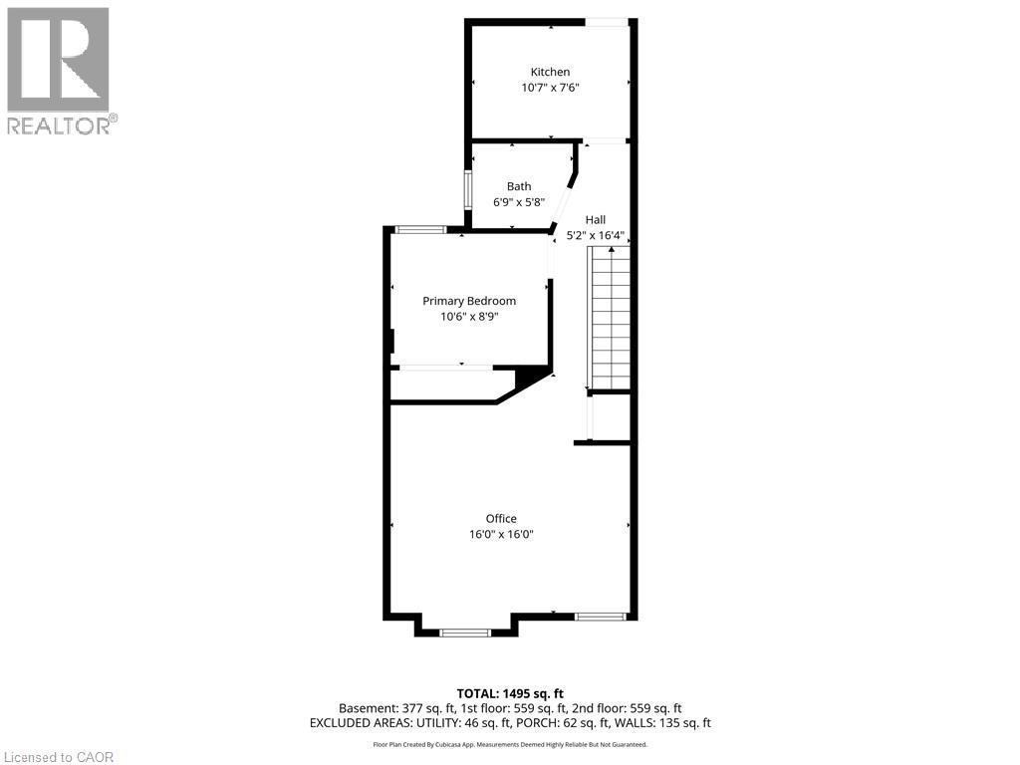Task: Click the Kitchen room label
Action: (550, 72)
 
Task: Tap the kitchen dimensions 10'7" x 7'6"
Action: (550, 88)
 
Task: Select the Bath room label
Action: (519, 186)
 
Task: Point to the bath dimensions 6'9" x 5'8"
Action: (519, 202)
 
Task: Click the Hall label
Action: (595, 220)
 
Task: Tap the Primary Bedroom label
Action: (469, 301)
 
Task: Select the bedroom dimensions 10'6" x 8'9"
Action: (469, 317)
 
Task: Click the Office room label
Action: (501, 518)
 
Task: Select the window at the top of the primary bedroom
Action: (420, 230)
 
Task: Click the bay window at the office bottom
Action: (465, 632)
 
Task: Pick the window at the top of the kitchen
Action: (607, 22)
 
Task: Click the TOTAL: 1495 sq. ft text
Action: (510, 693)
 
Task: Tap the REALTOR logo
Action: (60, 70)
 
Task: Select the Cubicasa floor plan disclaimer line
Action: (510, 744)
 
